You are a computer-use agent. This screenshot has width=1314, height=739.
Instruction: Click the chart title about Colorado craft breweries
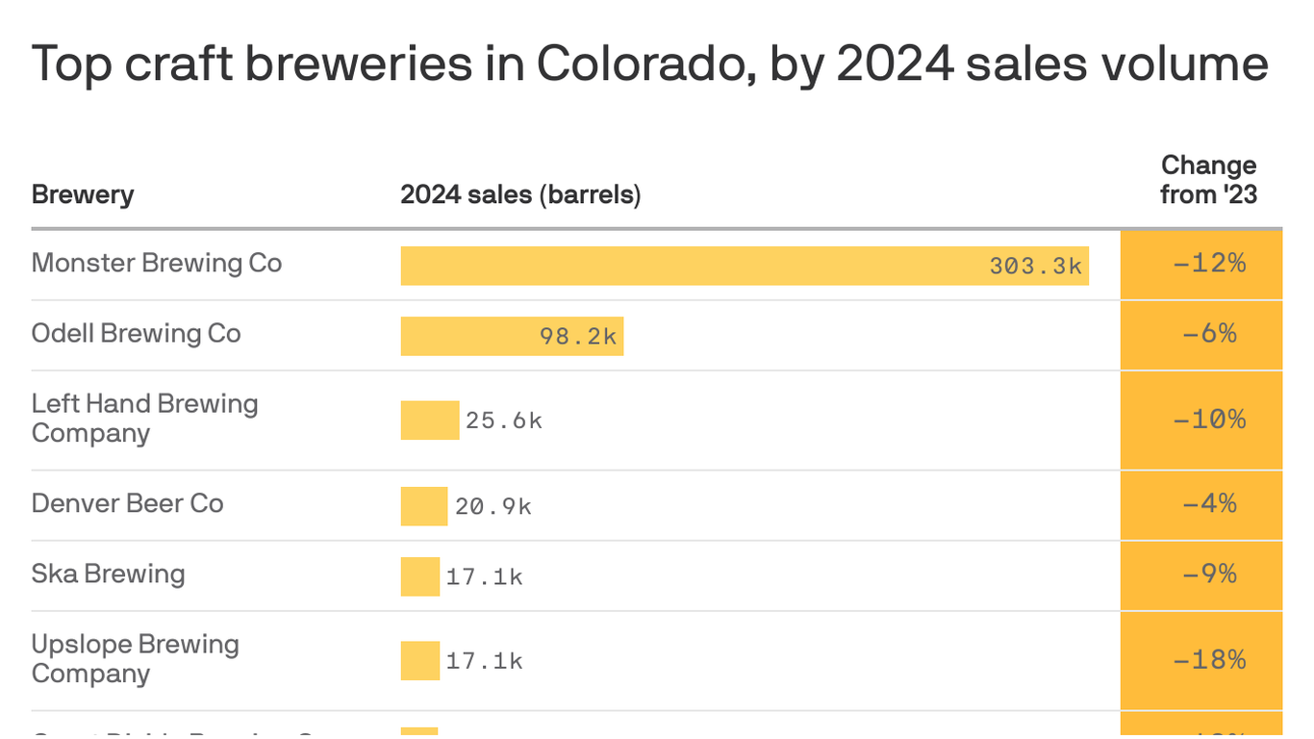click(x=650, y=64)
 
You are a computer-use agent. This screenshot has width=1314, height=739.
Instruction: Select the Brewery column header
click(x=83, y=194)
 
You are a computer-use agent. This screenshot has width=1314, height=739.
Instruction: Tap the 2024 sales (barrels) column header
click(x=520, y=194)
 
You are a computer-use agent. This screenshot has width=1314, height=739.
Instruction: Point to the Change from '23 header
click(x=1208, y=180)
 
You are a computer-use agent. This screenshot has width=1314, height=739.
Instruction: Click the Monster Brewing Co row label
click(x=157, y=263)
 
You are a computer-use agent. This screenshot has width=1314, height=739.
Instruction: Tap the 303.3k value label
click(x=1035, y=266)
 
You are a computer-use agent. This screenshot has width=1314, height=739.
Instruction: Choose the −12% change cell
click(x=1209, y=264)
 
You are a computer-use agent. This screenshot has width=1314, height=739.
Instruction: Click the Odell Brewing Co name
click(x=136, y=333)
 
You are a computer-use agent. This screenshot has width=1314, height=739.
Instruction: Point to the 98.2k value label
click(x=577, y=337)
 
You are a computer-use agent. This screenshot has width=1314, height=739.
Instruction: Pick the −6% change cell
click(x=1209, y=334)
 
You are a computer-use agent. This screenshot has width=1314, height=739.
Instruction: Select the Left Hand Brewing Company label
click(x=144, y=418)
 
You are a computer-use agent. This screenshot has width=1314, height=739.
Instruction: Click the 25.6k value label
click(x=504, y=420)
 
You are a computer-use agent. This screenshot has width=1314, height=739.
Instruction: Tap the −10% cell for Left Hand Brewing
click(x=1209, y=420)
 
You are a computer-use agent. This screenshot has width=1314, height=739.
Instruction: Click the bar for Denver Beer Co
click(x=423, y=506)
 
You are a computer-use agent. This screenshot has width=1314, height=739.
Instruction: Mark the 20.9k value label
click(x=493, y=506)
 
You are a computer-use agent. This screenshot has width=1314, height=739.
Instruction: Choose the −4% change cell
click(x=1209, y=503)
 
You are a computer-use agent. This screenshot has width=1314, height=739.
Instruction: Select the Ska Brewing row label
click(x=108, y=573)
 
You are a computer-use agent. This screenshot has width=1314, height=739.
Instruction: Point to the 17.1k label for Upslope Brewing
click(x=484, y=661)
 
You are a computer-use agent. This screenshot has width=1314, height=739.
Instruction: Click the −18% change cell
click(x=1209, y=660)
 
